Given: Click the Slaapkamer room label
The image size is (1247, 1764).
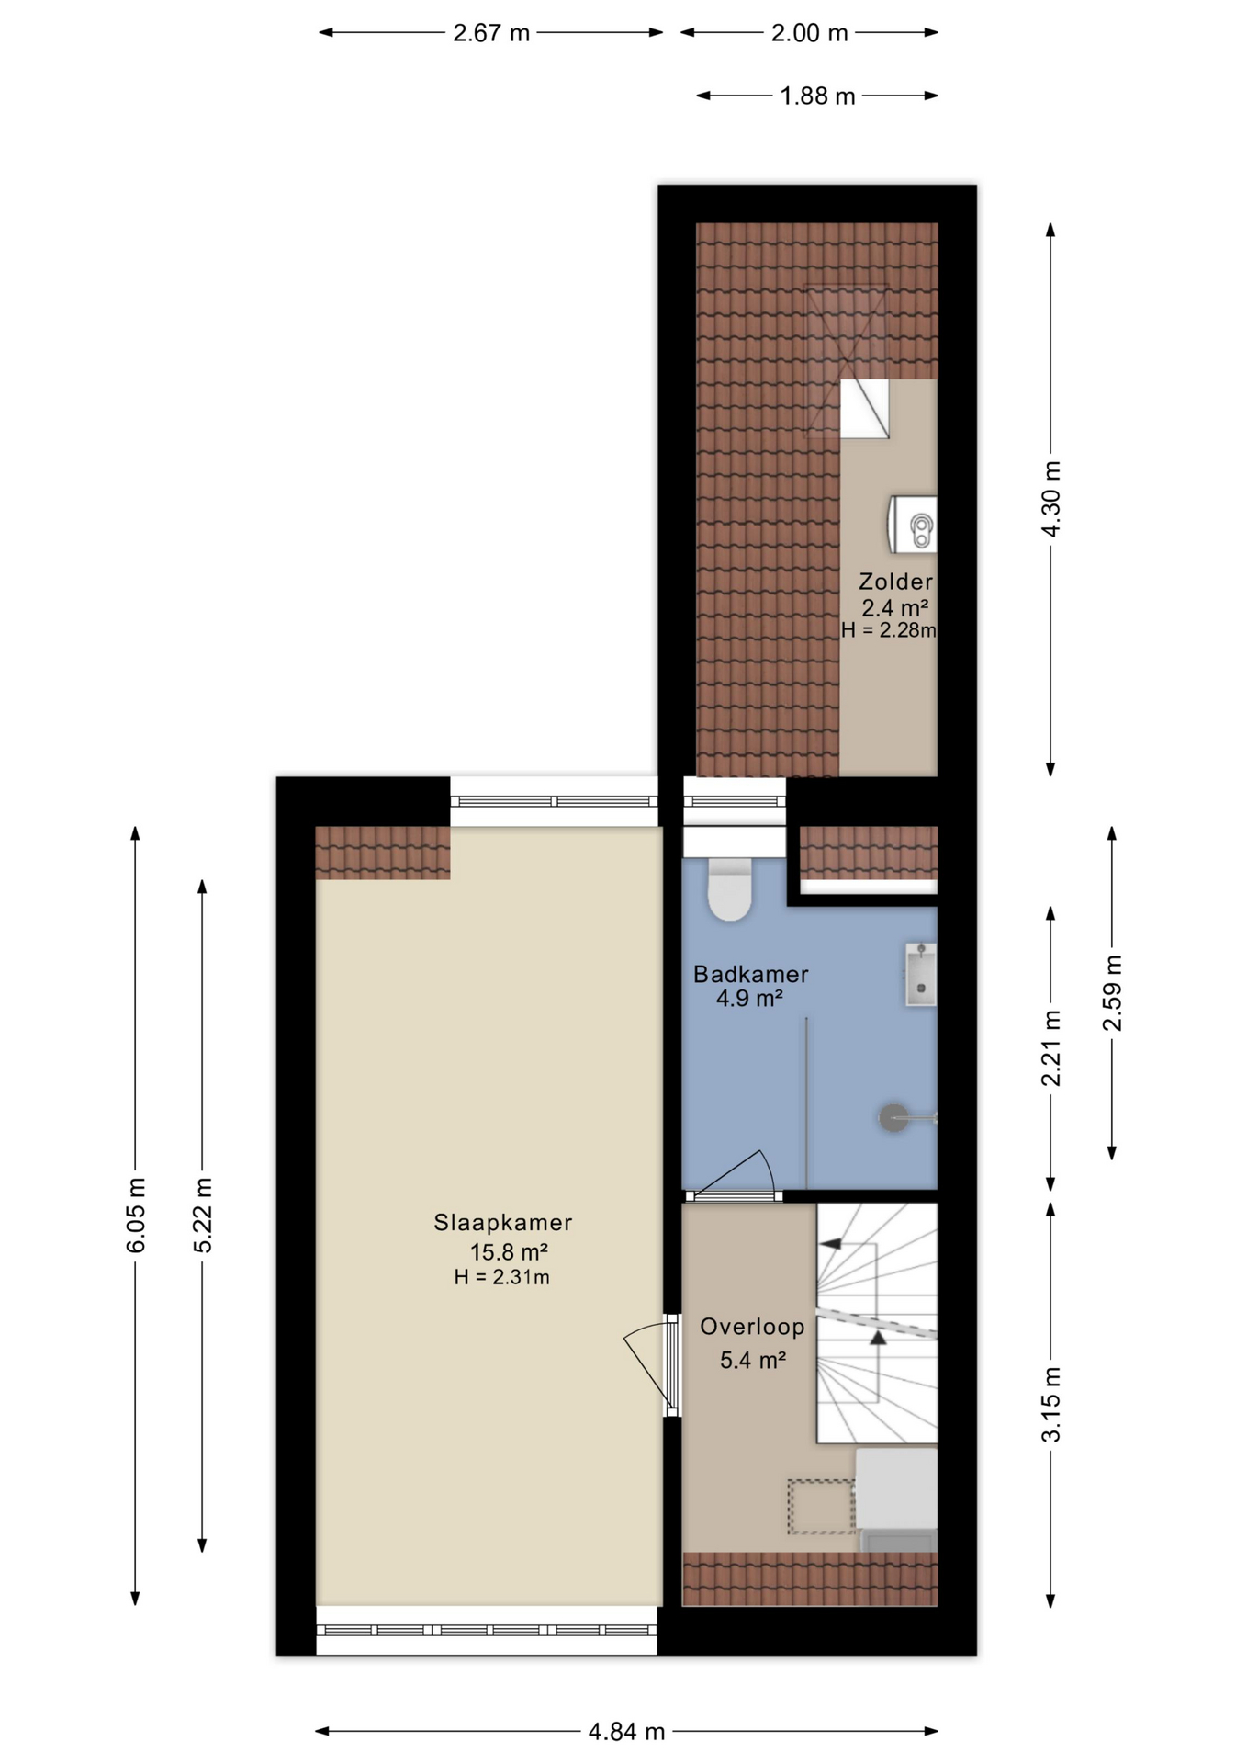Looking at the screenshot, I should pos(502,1222).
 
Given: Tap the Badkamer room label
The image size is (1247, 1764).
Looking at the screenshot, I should pos(750,974).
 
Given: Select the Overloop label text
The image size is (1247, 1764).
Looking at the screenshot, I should pos(752,1326).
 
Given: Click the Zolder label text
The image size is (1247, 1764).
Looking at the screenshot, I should pos(895,582).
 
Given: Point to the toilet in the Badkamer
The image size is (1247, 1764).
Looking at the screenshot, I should pos(730,889).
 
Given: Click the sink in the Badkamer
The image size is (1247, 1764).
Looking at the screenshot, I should pos(920,975).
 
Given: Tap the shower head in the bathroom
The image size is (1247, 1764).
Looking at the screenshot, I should pos(893,1117).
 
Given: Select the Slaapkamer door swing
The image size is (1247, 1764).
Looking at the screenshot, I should pos(650,1365).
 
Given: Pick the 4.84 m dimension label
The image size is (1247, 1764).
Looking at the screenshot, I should pos(626,1732).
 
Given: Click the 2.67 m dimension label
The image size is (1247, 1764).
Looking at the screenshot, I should pos(491,33).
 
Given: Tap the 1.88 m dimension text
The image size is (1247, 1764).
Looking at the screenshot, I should pos(817,96).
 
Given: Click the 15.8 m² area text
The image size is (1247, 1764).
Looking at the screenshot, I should pos(509,1251).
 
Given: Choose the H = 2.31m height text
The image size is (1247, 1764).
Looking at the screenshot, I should pos(501,1277).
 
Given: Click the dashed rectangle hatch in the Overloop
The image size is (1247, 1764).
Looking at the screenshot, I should pos(821,1506).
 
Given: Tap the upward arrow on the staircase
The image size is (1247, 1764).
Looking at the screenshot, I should pos(878,1340).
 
